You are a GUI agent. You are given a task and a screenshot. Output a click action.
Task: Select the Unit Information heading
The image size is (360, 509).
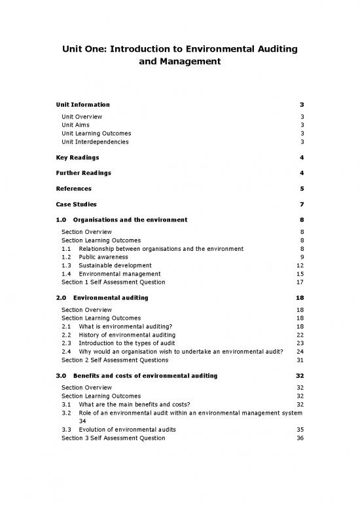tap(83, 105)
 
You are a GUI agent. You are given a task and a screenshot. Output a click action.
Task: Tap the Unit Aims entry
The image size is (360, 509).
tap(75, 124)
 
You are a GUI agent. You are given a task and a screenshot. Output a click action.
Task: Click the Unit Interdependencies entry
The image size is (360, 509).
tap(95, 141)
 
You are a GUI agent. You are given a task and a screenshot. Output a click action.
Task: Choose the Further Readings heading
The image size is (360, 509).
tap(84, 173)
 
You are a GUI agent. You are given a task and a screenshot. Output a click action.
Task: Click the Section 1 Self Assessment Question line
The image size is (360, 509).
tap(113, 282)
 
